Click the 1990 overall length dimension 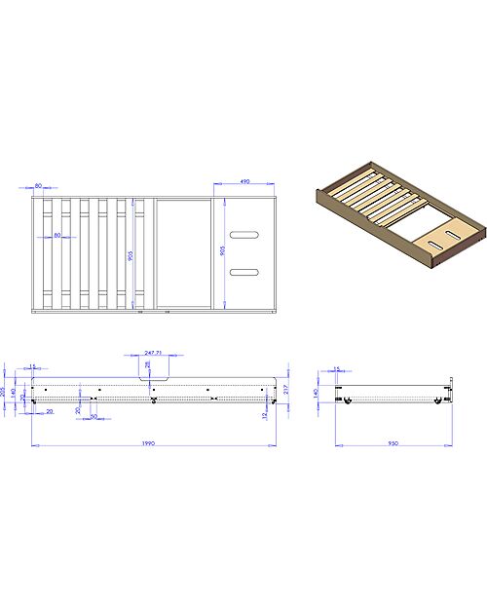[x=148, y=443]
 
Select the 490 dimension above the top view [x=244, y=181]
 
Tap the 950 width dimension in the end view [x=393, y=443]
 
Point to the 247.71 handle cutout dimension [x=154, y=355]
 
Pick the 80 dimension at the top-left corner [x=38, y=184]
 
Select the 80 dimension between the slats [x=57, y=235]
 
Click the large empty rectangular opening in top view [x=184, y=254]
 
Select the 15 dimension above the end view [x=337, y=368]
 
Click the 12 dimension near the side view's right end [x=265, y=415]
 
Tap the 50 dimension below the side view [x=94, y=416]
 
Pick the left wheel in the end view [x=343, y=400]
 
